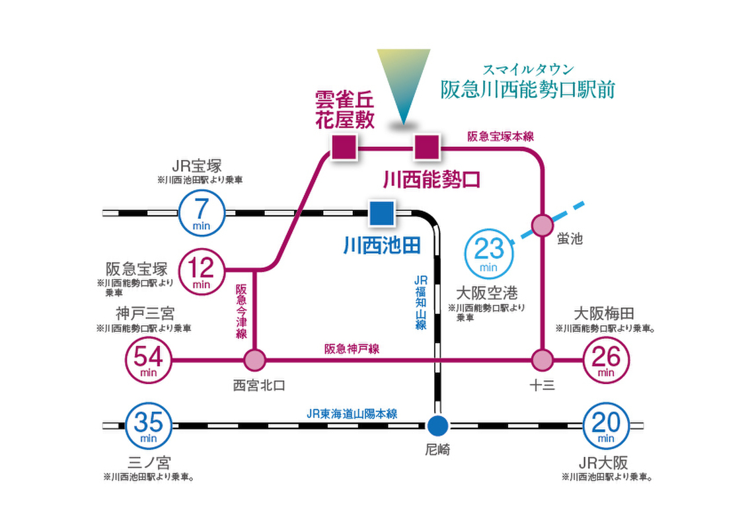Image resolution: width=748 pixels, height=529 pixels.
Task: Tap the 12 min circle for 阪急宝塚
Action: click(202, 270)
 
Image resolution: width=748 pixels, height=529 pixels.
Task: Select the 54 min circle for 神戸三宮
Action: click(149, 361)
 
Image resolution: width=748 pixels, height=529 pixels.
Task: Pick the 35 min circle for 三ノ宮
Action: click(149, 425)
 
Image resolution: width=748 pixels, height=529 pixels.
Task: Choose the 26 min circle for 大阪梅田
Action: click(606, 361)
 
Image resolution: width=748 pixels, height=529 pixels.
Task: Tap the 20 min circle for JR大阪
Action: click(606, 425)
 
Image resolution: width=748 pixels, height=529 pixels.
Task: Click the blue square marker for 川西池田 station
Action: click(381, 213)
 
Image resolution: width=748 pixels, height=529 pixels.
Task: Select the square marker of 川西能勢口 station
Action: click(426, 147)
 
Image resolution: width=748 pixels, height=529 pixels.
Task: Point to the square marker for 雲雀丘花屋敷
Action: click(344, 147)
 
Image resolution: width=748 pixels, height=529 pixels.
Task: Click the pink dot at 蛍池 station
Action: click(543, 225)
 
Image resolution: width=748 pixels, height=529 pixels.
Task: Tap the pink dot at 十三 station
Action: click(543, 361)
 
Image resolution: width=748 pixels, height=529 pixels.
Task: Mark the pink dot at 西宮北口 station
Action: click(254, 361)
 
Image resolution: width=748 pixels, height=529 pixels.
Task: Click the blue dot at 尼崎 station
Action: click(437, 425)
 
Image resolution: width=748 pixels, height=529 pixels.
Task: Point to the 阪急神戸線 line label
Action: click(352, 349)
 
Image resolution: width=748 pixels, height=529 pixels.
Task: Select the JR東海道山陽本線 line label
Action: click(352, 413)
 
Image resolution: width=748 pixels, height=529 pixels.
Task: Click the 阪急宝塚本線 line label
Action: click(500, 136)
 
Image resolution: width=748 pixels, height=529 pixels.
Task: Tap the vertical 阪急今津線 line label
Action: click(241, 311)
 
